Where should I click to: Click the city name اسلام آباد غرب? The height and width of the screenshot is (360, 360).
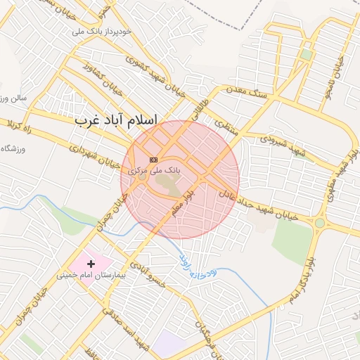point(117,121)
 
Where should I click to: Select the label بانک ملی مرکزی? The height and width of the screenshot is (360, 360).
point(155,171)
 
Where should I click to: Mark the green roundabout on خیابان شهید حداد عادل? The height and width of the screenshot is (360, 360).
point(321,224)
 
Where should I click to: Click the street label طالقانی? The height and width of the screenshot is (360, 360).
point(198,108)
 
